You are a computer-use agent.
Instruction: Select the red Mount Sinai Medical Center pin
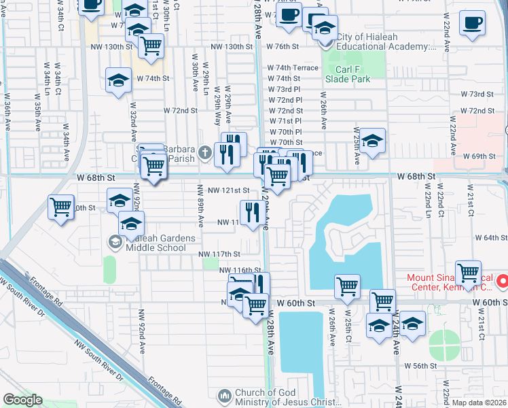[x=502, y=280]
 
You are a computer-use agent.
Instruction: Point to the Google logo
[x=22, y=400]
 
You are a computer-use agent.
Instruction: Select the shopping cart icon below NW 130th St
[x=151, y=46]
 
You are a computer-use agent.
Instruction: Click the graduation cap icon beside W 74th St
[x=119, y=80]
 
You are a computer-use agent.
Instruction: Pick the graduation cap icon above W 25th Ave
[x=371, y=141]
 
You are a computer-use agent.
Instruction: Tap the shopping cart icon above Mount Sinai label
[x=468, y=273]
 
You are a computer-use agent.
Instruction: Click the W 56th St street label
[x=420, y=366]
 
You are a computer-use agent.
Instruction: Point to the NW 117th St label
[x=219, y=254]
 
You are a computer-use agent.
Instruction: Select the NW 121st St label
[x=229, y=191]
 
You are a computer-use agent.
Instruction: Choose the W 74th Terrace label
[x=292, y=68]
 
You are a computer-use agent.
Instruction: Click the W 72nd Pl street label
[x=285, y=100]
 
